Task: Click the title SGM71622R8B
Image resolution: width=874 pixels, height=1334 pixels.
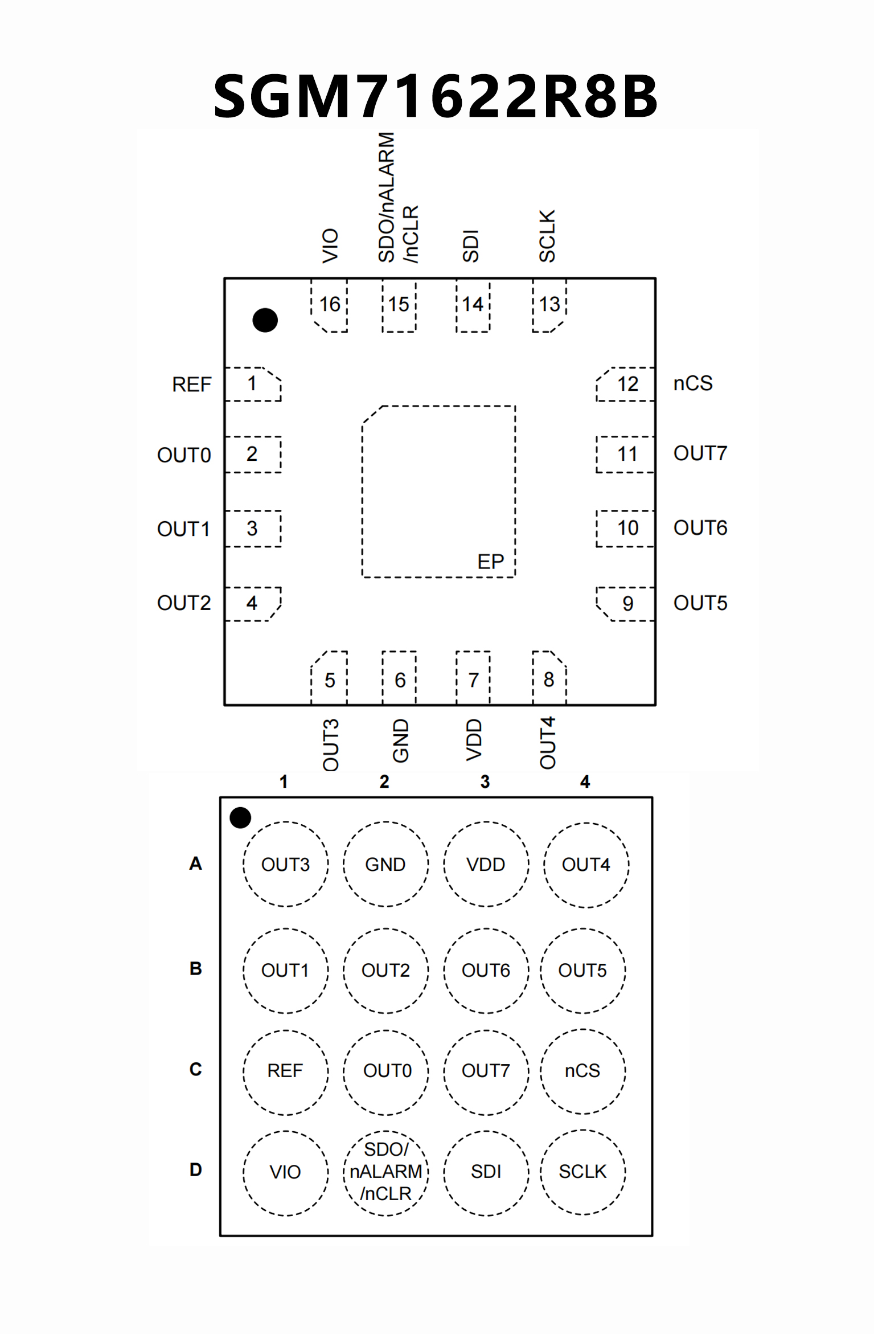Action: pos(436,96)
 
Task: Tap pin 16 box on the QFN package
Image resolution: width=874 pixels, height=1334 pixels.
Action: pos(330,305)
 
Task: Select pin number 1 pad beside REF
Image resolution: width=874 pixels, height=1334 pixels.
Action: pos(253,384)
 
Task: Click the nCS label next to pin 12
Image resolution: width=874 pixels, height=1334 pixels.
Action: pos(693,383)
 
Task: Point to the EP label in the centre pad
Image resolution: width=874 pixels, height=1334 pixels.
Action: pos(490,562)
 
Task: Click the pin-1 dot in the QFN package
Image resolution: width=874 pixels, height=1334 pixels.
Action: pos(265,320)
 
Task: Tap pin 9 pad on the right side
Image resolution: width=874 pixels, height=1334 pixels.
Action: pos(626,604)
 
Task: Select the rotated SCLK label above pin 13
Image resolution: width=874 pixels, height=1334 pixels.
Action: pos(547,236)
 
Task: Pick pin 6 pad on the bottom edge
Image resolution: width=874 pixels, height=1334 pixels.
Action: pos(400,679)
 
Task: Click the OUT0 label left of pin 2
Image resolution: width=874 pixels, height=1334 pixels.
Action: pos(184,455)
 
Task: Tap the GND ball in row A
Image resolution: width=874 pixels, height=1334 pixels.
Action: pos(385,864)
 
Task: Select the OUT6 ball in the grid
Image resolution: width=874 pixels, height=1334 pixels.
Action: pos(486,971)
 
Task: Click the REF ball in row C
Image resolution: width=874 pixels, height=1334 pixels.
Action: pos(285,1071)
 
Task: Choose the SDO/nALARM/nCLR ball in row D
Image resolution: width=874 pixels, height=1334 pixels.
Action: pos(385,1172)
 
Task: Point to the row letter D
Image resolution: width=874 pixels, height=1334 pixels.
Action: pos(195,1170)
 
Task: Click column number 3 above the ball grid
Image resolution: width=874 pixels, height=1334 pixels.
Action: pos(485,781)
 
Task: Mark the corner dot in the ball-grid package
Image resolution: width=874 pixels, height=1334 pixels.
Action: pos(240,817)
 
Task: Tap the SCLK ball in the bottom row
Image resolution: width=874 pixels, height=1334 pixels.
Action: pos(582,1172)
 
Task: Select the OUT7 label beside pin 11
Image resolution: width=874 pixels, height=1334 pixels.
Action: pos(700,453)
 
